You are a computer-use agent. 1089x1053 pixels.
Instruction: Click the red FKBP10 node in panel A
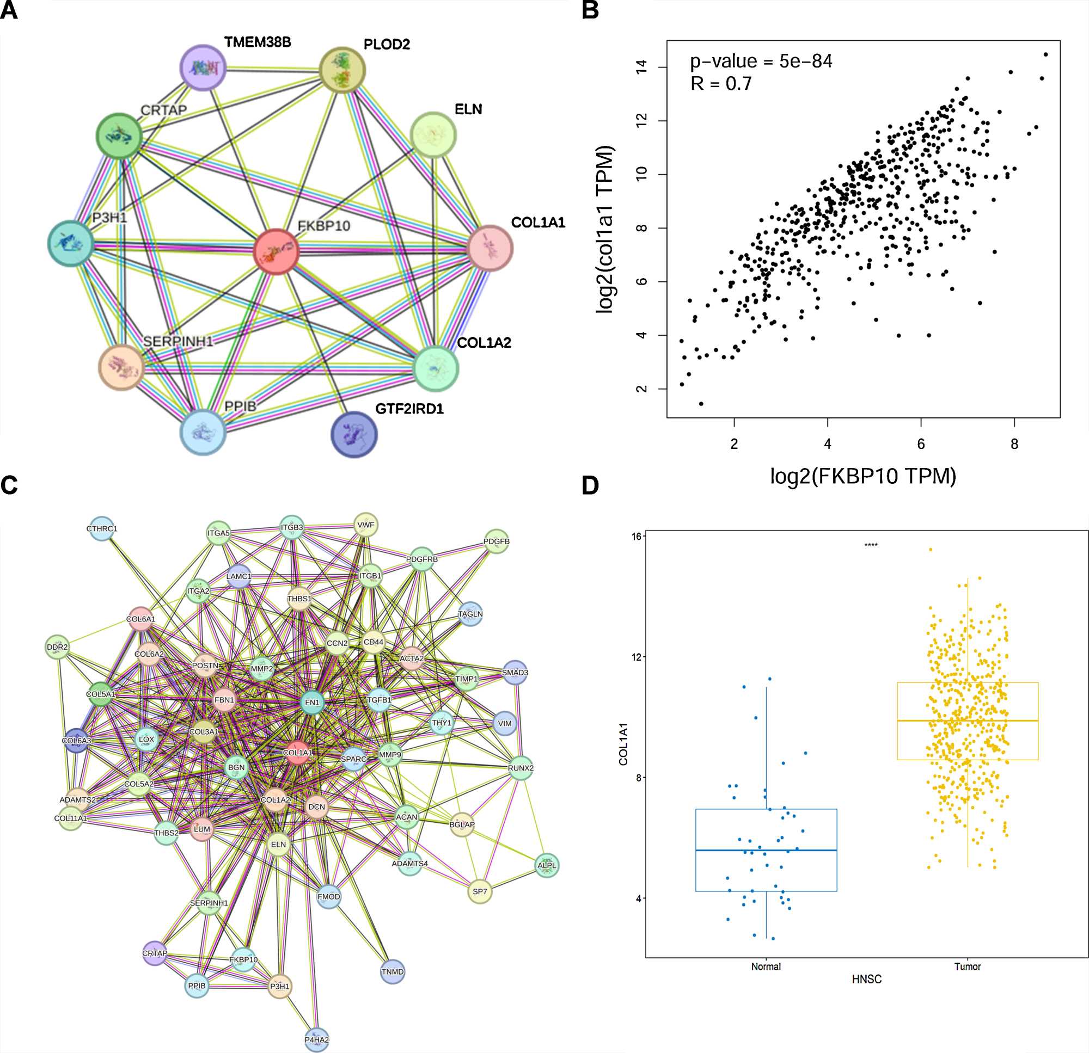[x=276, y=251]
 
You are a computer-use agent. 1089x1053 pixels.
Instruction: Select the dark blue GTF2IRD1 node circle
[x=354, y=434]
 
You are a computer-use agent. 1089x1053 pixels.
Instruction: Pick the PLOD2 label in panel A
[x=387, y=45]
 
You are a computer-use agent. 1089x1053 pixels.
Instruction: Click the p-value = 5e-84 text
[x=761, y=61]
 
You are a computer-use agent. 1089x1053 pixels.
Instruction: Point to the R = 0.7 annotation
[x=720, y=84]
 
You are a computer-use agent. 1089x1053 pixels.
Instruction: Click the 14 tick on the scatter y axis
[x=643, y=67]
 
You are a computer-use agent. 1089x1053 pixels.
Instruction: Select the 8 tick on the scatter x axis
[x=1014, y=444]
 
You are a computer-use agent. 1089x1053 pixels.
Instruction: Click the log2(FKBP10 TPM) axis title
[x=863, y=476]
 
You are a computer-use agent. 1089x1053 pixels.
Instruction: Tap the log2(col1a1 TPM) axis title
[x=604, y=229]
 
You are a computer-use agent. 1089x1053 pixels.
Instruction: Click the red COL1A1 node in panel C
[x=297, y=753]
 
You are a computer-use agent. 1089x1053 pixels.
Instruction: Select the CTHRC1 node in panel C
[x=102, y=529]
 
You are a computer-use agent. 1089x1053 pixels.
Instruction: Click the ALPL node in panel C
[x=547, y=865]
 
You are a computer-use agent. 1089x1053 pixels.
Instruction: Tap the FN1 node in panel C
[x=312, y=703]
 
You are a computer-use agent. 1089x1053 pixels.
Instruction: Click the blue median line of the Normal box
[x=766, y=850]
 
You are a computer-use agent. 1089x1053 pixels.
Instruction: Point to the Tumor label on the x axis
[x=968, y=967]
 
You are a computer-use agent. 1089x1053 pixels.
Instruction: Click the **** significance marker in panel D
[x=871, y=545]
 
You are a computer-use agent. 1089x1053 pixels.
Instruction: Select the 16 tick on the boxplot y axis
[x=636, y=536]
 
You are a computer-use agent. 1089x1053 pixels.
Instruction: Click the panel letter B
[x=590, y=10]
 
